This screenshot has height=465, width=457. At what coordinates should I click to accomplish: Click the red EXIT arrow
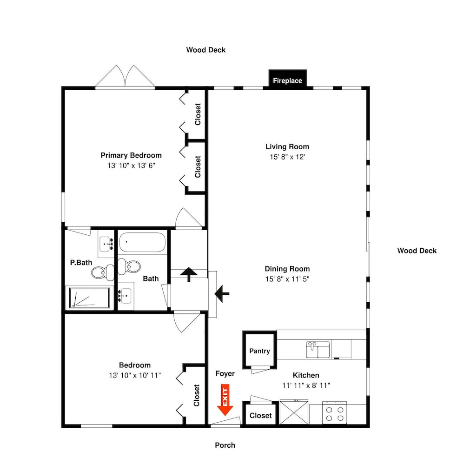225,400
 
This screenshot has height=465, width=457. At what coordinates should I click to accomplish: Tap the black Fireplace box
287,79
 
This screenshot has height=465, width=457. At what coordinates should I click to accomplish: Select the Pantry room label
259,351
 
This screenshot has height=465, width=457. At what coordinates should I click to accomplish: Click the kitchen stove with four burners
335,412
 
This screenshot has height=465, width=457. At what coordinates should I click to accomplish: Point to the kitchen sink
318,350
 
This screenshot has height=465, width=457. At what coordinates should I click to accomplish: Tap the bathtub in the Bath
142,242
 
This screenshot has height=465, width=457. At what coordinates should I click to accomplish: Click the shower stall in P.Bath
89,298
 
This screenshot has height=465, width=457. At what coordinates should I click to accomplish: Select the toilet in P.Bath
103,272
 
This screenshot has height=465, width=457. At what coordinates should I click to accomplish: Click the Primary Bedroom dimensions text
131,166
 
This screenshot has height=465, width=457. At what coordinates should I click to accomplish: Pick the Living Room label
287,146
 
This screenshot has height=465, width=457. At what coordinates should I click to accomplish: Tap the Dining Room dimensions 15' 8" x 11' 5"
287,279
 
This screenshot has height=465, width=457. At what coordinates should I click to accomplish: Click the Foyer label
225,374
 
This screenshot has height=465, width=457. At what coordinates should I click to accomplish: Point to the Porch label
225,445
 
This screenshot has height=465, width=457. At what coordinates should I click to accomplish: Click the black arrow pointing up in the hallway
189,274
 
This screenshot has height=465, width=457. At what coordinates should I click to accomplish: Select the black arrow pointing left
222,294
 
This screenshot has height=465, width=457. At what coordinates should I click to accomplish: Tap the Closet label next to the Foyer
260,415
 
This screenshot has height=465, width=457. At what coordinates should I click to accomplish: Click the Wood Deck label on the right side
417,251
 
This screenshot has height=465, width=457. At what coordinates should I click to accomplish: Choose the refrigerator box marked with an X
294,412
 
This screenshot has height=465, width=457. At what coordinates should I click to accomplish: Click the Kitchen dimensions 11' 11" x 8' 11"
306,385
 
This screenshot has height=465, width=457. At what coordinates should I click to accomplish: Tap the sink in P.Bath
106,244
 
